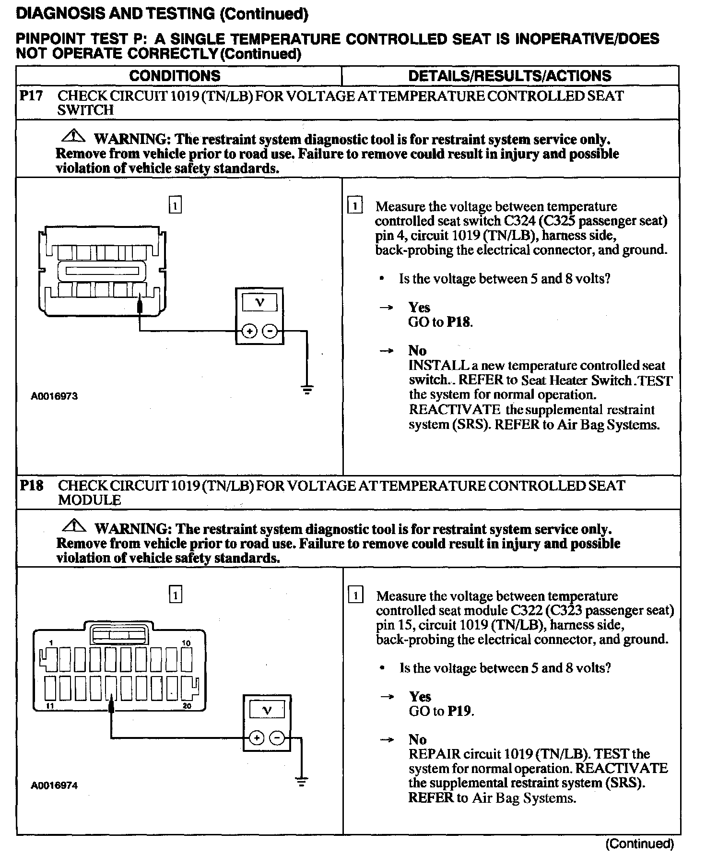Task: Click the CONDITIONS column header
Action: click(x=175, y=76)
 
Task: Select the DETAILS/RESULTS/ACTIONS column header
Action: click(x=509, y=76)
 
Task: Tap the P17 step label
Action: click(x=31, y=95)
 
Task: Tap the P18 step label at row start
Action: click(x=31, y=485)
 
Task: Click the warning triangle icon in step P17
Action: click(x=73, y=137)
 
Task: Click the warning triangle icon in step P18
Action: click(x=74, y=526)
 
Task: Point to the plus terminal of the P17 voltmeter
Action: click(x=249, y=331)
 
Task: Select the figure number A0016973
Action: click(x=54, y=396)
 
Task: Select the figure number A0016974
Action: click(x=54, y=785)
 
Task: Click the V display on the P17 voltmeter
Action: click(x=259, y=303)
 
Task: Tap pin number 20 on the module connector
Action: click(x=187, y=706)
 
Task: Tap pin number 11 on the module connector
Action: click(x=50, y=706)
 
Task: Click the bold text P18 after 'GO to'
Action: click(x=459, y=321)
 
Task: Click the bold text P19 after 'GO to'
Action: click(x=459, y=711)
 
